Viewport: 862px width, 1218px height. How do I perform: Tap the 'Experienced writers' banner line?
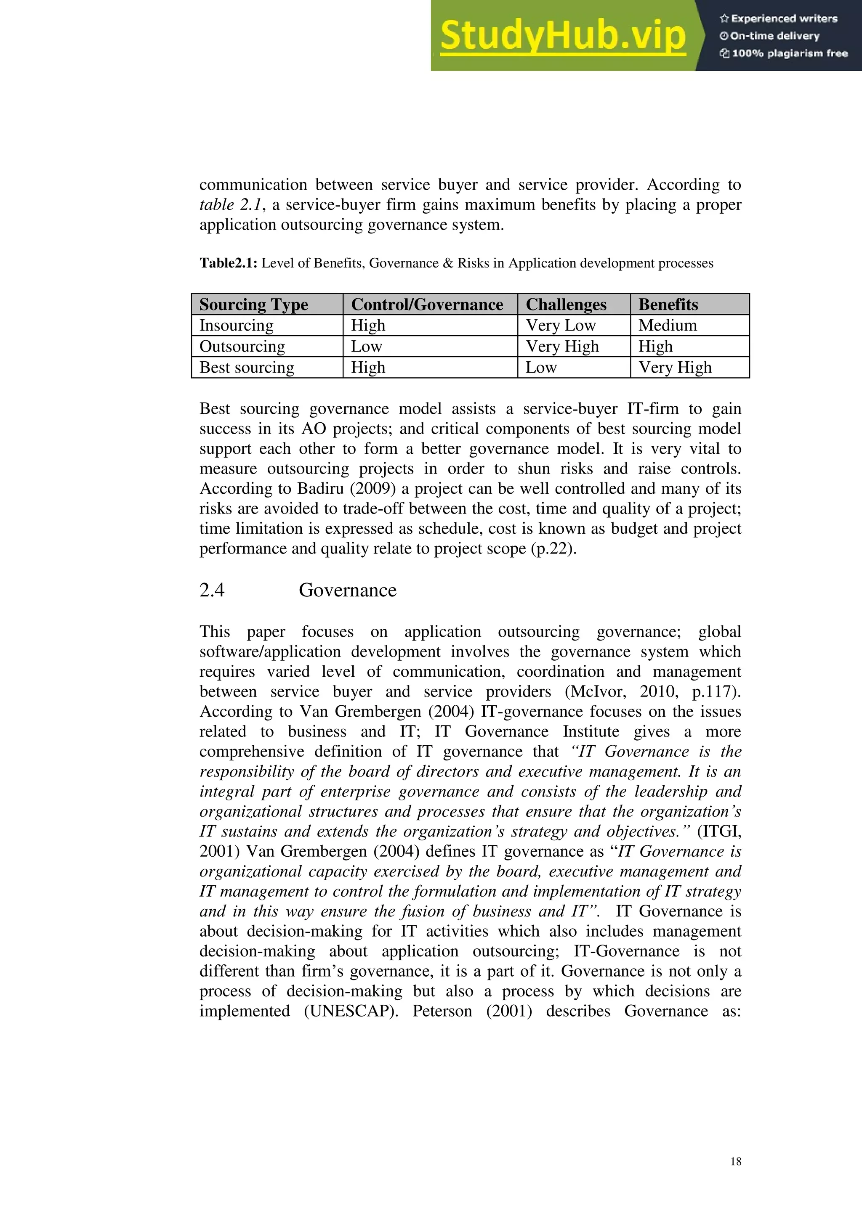pos(779,19)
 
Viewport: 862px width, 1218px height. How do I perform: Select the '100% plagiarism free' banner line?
pos(784,53)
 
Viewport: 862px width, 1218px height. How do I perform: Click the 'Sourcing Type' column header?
pos(253,304)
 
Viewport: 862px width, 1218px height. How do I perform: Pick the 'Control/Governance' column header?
pos(427,304)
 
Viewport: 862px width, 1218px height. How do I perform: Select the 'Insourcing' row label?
pos(236,325)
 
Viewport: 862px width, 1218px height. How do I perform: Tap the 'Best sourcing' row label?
pos(246,367)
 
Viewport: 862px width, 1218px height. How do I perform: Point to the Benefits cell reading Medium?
pos(667,325)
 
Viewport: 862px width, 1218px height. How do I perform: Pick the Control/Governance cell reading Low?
pos(366,347)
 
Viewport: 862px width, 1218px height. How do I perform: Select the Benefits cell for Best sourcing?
pos(675,367)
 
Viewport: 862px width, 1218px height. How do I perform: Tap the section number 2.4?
pos(212,590)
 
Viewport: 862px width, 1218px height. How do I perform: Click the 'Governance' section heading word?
pos(347,590)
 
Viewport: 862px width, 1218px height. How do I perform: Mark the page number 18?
pos(736,1161)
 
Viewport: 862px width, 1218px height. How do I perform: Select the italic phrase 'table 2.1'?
pos(230,205)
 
